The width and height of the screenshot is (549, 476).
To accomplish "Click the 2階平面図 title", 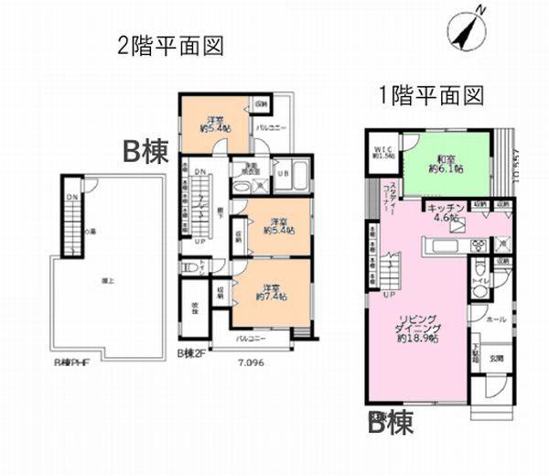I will pyautogui.click(x=170, y=45).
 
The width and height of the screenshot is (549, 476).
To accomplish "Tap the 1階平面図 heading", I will pyautogui.click(x=431, y=94).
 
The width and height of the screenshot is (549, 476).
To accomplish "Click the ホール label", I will pyautogui.click(x=496, y=319).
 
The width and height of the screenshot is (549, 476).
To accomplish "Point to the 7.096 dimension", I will pyautogui.click(x=252, y=362).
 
